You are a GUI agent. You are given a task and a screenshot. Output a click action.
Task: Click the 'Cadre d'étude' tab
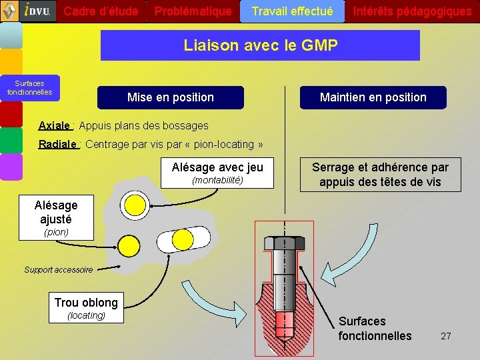[101, 11]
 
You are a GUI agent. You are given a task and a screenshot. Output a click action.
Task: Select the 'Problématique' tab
[193, 11]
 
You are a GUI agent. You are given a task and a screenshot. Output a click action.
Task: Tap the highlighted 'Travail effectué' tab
[292, 11]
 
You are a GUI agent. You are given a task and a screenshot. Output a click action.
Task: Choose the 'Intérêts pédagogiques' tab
[412, 11]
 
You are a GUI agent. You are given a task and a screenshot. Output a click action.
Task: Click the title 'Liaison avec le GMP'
[260, 45]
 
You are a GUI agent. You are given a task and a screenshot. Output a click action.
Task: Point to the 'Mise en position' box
[171, 97]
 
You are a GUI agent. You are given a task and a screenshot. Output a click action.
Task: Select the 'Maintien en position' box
[373, 97]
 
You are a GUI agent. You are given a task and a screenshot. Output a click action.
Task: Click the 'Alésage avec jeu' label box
[217, 173]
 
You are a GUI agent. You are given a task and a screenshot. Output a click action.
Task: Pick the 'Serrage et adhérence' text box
[380, 175]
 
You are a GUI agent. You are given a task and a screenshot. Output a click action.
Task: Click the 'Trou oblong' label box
[86, 307]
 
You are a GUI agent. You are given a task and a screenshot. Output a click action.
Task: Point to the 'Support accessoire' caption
[59, 270]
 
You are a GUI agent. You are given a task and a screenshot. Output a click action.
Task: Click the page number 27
[446, 336]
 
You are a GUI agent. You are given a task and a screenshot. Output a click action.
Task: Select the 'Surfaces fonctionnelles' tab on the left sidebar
[29, 88]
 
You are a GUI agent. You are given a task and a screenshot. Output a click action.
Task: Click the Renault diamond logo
[9, 10]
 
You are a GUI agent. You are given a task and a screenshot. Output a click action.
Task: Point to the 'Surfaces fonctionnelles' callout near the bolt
[375, 329]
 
